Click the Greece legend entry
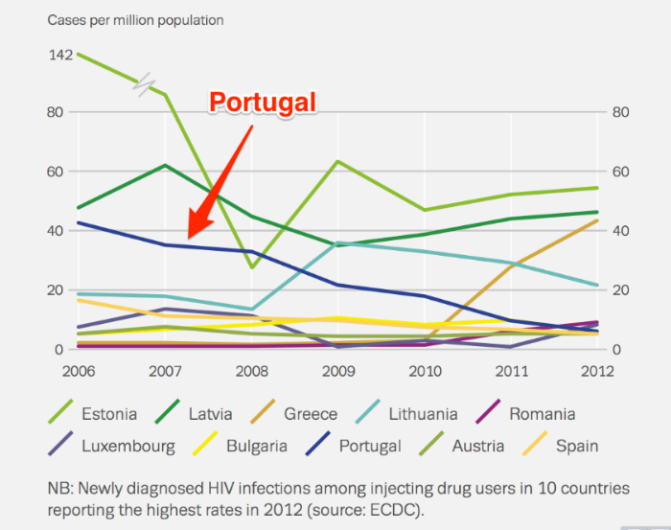click(310, 415)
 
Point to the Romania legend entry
click(541, 415)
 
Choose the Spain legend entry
click(575, 446)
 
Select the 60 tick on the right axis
click(620, 172)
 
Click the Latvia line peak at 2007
click(166, 165)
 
